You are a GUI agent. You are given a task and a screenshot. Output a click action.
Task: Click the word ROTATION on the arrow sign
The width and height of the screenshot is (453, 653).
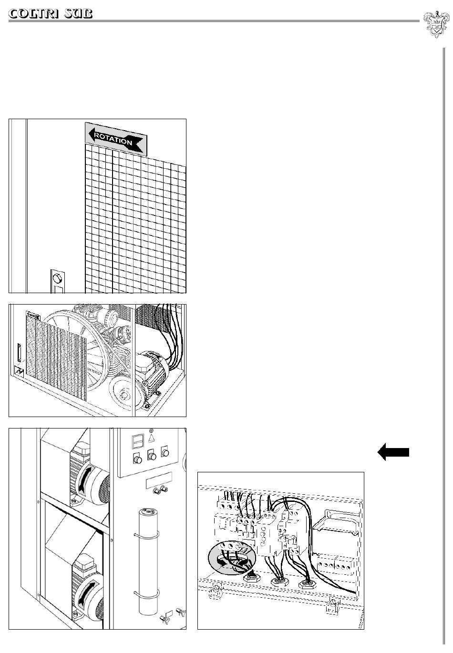113,138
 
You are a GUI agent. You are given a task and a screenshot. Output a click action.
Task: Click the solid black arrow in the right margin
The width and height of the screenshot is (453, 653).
393,452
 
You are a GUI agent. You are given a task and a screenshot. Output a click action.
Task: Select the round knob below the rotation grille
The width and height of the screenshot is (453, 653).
57,278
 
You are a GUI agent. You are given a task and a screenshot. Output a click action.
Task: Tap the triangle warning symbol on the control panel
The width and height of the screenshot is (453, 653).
152,437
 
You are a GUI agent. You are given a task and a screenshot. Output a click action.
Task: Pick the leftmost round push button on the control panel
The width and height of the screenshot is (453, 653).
137,460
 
